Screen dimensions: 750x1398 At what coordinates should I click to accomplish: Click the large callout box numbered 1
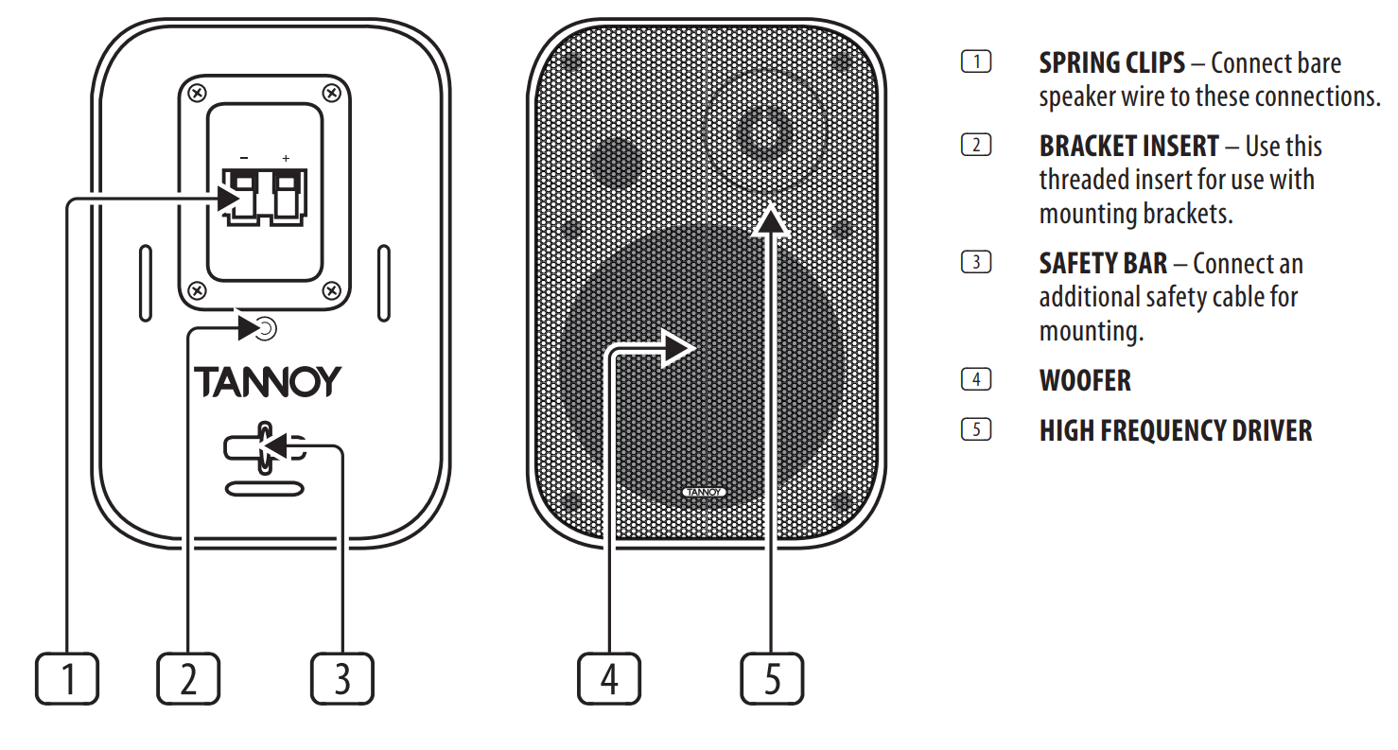coord(67,678)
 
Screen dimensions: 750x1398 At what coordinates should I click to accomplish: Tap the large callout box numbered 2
coord(188,678)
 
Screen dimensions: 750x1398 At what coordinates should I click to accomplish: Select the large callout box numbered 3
coord(342,678)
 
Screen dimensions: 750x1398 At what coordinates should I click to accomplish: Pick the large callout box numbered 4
coord(609,678)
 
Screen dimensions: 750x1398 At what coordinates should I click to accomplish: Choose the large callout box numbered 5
coord(772,678)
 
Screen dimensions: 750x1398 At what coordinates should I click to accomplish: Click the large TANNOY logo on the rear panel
coord(267,382)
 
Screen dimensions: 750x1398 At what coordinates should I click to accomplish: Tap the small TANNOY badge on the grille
coord(704,492)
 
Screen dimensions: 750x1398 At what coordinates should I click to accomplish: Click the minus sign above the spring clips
coord(244,157)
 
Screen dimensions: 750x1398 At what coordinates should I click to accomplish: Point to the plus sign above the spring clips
coord(286,157)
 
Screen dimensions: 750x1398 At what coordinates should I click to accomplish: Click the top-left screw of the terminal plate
coord(195,93)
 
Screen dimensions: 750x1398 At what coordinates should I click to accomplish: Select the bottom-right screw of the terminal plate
coord(331,289)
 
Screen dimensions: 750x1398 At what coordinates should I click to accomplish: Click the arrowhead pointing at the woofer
coord(677,348)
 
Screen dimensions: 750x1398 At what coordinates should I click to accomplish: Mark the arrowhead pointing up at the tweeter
coord(772,218)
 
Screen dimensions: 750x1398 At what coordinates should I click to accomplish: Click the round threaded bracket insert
coord(267,329)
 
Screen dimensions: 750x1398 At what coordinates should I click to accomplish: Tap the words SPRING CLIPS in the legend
coord(1111,63)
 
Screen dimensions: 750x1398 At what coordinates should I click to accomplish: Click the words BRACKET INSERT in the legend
coord(1129,147)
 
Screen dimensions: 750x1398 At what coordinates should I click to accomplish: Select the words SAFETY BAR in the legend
coord(1103,263)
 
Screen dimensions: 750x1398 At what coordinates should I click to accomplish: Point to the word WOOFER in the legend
coord(1085,381)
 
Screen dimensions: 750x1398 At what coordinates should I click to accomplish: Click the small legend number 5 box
coord(975,429)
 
